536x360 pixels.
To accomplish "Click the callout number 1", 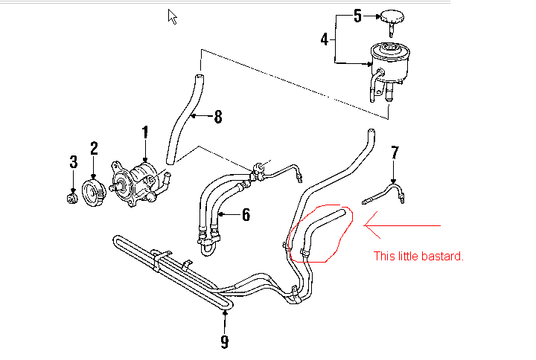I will coord(145,133).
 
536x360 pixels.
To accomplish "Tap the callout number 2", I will coord(95,148).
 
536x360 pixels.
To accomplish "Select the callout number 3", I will coord(73,161).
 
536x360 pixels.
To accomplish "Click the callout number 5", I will coord(357,15).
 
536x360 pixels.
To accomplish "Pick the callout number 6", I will coord(246,216).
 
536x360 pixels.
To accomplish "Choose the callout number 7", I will coord(395,152).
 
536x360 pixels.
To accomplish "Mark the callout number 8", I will coord(217,116).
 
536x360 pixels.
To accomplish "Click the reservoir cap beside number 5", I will coord(392,16).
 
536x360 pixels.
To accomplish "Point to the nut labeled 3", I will coord(72,197).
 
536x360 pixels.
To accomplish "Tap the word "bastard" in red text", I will coord(444,257).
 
